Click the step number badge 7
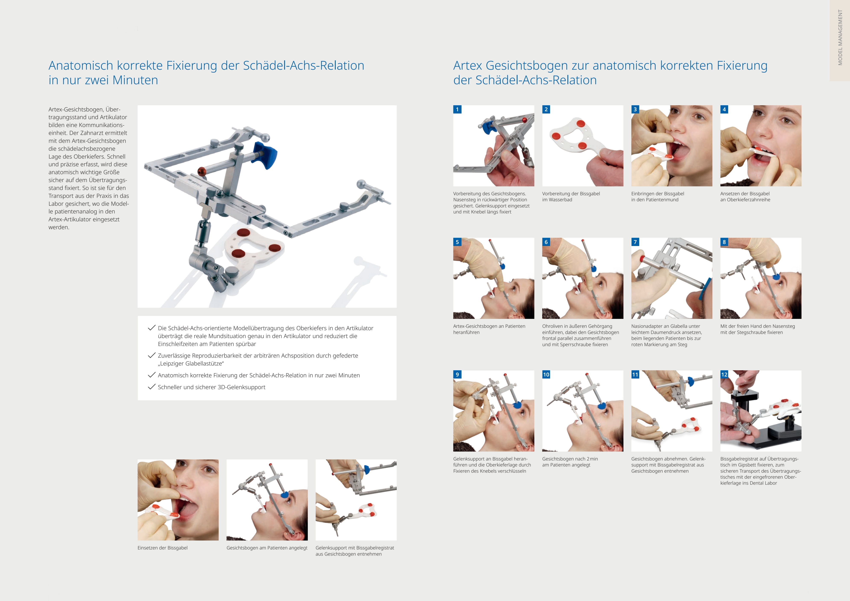635,242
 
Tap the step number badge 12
724,374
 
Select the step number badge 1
457,109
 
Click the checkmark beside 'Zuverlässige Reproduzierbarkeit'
151,355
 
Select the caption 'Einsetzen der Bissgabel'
163,548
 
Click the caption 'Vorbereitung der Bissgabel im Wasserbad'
571,197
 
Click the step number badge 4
724,109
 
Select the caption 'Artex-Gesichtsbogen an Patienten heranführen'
489,329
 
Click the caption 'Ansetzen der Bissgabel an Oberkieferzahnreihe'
745,197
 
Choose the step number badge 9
457,374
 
